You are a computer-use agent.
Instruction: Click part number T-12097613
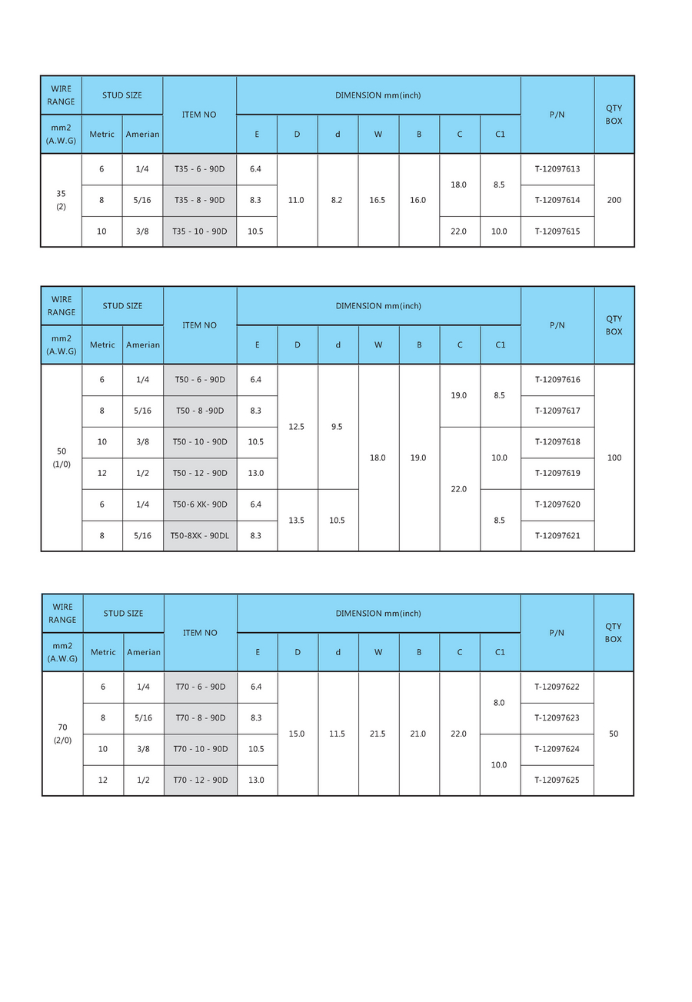(x=557, y=169)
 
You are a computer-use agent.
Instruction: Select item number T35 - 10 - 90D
(x=200, y=231)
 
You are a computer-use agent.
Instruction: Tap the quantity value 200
(x=614, y=200)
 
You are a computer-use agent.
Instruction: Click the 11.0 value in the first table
(x=297, y=200)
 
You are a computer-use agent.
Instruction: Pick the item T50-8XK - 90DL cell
(x=200, y=535)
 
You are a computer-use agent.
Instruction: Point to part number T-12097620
(x=557, y=504)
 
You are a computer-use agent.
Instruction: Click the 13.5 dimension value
(x=297, y=520)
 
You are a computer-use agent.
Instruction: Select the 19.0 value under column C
(x=459, y=395)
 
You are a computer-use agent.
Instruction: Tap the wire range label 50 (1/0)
(x=62, y=458)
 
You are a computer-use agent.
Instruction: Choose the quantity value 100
(x=614, y=458)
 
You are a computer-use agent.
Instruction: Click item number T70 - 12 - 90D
(x=200, y=780)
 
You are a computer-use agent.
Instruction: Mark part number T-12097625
(x=557, y=780)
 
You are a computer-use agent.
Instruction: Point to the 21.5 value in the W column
(x=378, y=734)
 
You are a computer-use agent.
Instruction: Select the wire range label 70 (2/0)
(x=62, y=734)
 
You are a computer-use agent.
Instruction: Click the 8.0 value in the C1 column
(x=499, y=703)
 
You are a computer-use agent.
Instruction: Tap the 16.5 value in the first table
(x=378, y=200)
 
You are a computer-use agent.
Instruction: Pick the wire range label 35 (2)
(x=62, y=200)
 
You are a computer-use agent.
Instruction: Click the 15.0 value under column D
(x=297, y=734)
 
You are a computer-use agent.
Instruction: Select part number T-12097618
(x=557, y=442)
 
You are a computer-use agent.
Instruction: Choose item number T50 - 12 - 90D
(x=200, y=473)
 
